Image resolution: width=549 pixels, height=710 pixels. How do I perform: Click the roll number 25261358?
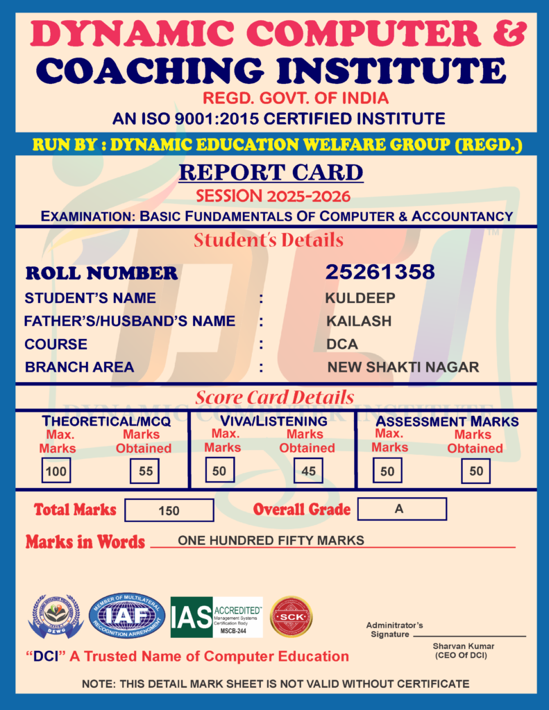click(380, 272)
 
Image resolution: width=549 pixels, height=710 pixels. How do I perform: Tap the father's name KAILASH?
click(359, 321)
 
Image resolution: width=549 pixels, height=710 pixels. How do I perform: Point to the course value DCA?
click(343, 344)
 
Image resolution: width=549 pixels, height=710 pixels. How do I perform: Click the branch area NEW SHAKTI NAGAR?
click(403, 367)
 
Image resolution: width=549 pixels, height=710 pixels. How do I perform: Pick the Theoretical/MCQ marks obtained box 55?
click(145, 471)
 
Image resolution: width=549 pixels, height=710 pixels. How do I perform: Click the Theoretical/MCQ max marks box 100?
click(55, 471)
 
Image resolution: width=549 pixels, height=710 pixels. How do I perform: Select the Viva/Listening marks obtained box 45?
click(308, 471)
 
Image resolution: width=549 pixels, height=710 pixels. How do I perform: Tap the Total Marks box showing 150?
click(169, 510)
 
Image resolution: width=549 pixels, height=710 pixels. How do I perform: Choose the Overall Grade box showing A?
click(401, 509)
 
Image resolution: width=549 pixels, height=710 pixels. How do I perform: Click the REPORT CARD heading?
click(271, 172)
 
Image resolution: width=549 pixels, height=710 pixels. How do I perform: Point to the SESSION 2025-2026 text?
click(273, 196)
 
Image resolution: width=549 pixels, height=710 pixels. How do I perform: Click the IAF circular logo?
click(127, 616)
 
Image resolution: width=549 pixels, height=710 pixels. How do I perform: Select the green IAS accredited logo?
click(217, 616)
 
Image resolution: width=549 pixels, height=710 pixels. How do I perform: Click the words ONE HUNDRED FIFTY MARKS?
click(271, 540)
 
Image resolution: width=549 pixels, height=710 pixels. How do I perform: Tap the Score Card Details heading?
click(274, 397)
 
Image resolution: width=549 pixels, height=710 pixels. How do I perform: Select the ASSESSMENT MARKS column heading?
click(447, 421)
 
